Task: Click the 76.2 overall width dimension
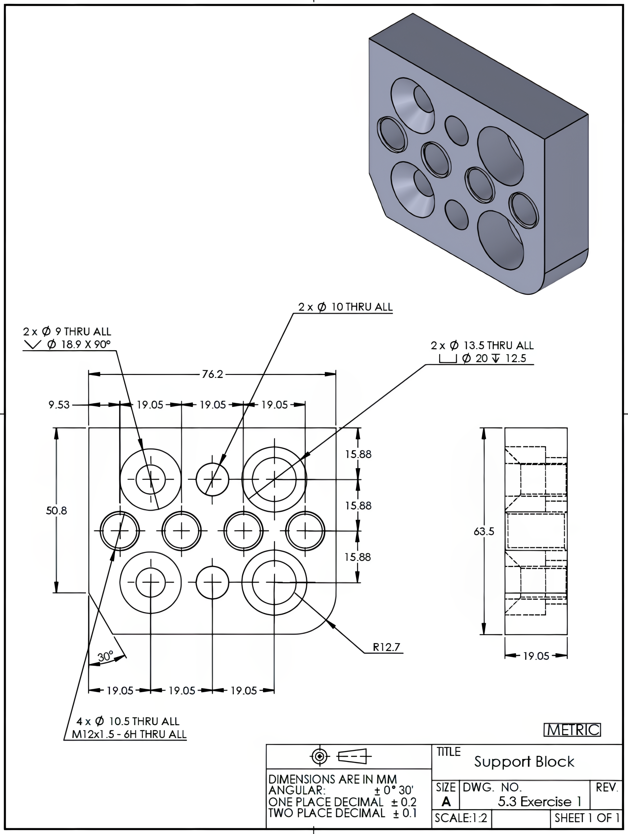(212, 374)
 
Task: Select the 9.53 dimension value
(59, 405)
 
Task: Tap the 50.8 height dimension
(57, 510)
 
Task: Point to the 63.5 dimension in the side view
(484, 531)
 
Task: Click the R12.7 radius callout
(386, 647)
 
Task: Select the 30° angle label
(105, 656)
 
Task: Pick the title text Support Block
(524, 762)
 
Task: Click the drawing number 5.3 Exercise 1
(539, 801)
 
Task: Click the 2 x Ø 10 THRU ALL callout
(345, 307)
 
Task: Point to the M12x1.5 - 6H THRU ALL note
(129, 734)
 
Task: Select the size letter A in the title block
(446, 801)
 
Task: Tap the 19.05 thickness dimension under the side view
(535, 656)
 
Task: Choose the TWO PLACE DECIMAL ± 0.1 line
(342, 813)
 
